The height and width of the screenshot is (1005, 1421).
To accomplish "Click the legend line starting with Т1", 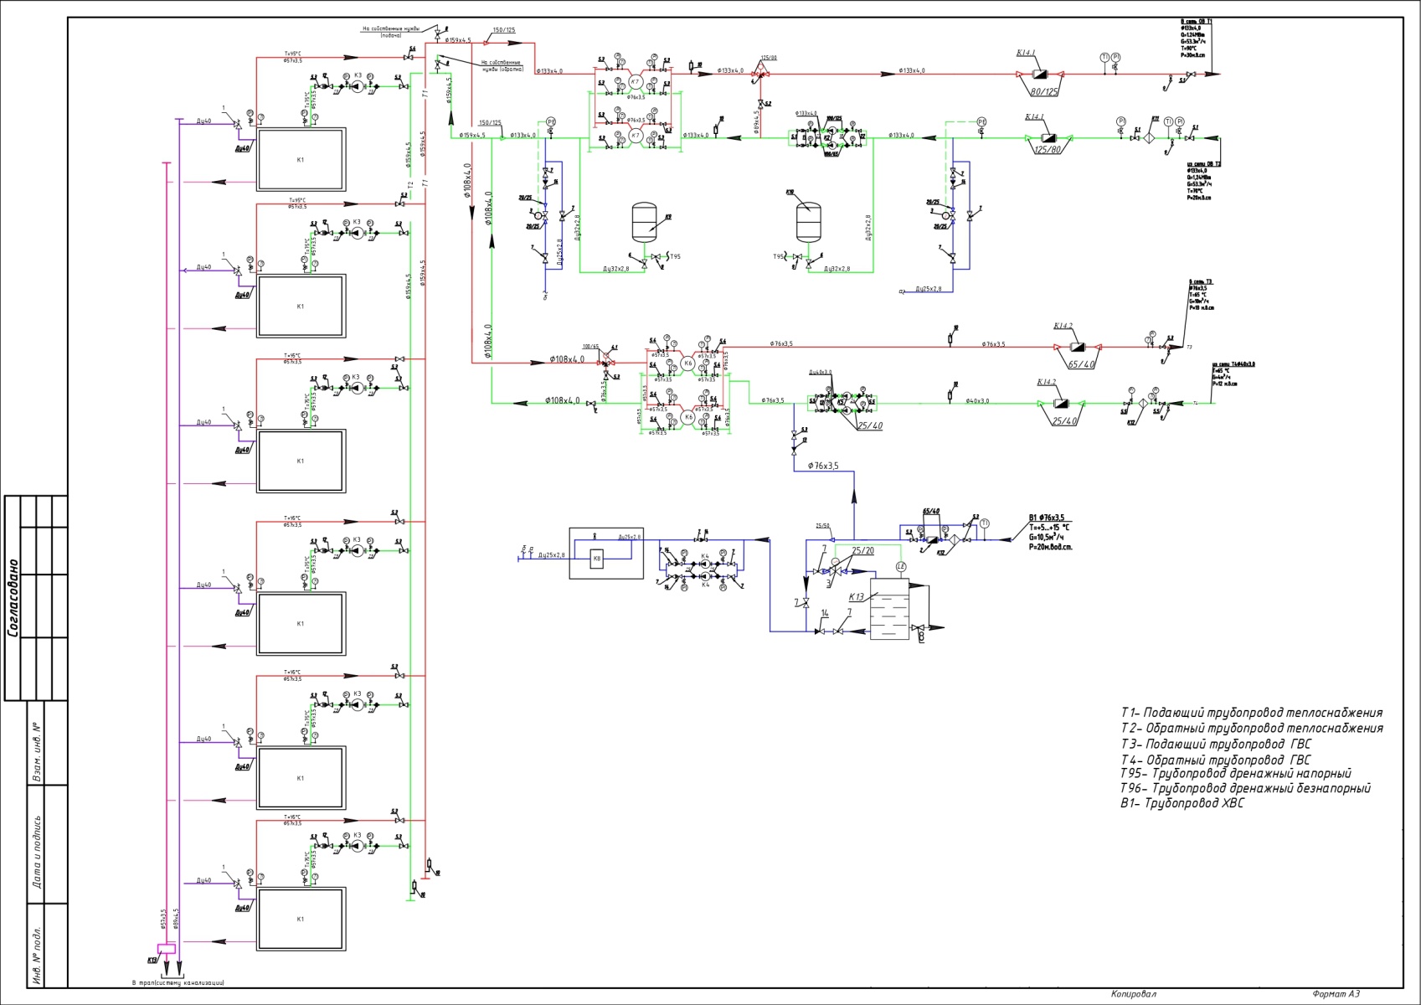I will tap(1251, 713).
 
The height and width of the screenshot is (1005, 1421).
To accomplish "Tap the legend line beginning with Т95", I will tap(1235, 773).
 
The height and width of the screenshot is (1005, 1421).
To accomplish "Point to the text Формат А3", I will tap(1336, 994).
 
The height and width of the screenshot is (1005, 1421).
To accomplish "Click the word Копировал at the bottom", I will tap(1133, 994).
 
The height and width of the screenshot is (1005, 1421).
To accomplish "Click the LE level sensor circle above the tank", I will tap(901, 567).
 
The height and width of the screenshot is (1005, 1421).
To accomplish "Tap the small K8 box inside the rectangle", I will tap(597, 559).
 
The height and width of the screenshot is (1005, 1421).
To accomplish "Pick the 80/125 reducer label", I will tap(1045, 91).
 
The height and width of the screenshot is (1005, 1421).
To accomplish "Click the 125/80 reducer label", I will tap(1047, 150).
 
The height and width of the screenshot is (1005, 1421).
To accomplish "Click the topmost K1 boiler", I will tap(301, 159).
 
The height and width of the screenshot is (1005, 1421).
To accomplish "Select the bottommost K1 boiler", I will tap(301, 919).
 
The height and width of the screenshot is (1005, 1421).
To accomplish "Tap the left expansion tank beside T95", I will tap(646, 220).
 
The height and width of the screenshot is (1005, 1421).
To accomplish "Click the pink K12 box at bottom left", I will tap(166, 949).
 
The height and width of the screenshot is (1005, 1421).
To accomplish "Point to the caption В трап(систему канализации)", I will tap(178, 982).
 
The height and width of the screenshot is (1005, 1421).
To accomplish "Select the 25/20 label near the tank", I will tap(862, 550).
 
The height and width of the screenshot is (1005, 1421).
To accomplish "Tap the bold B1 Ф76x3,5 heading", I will tap(1046, 518).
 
